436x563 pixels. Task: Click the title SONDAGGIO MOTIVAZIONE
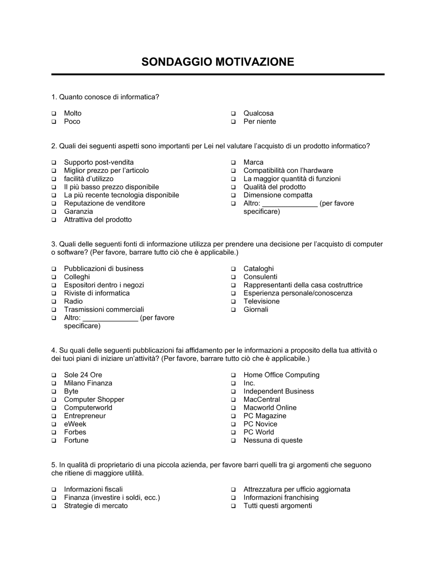coord(218,62)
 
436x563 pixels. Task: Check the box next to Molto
coord(54,114)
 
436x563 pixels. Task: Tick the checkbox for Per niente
coord(233,122)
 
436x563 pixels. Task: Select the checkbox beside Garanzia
coord(54,212)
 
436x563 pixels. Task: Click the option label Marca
coord(253,162)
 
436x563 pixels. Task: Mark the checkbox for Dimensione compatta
coord(233,196)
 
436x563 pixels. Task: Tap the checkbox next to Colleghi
coord(54,278)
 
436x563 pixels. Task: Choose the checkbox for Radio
coord(54,302)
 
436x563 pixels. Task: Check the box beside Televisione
coord(233,302)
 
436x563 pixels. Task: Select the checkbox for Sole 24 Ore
coord(54,375)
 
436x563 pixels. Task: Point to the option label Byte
coord(71,391)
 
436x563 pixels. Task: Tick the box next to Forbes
coord(54,433)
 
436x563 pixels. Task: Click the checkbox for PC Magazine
coord(233,416)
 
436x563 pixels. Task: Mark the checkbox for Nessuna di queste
coord(233,441)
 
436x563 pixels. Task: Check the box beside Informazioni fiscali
coord(54,490)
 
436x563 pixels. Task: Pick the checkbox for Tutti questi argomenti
coord(233,506)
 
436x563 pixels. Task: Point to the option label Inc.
coord(249,383)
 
